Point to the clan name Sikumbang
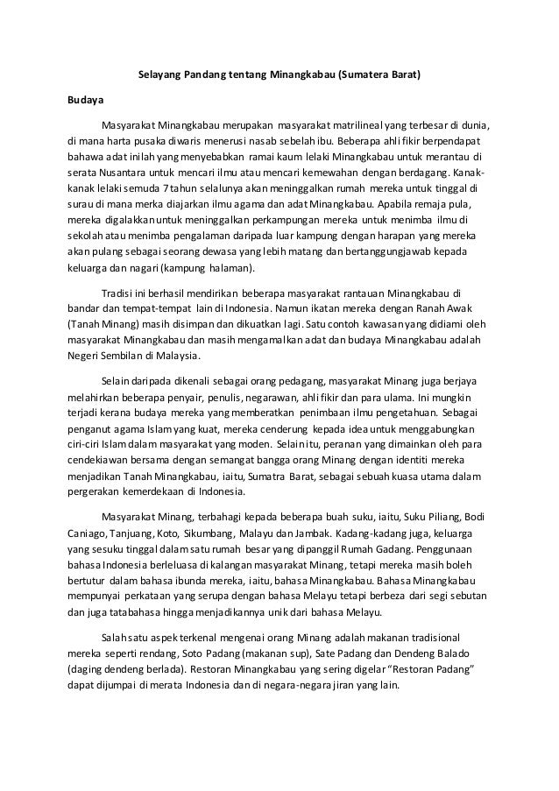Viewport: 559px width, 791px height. pos(203,533)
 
